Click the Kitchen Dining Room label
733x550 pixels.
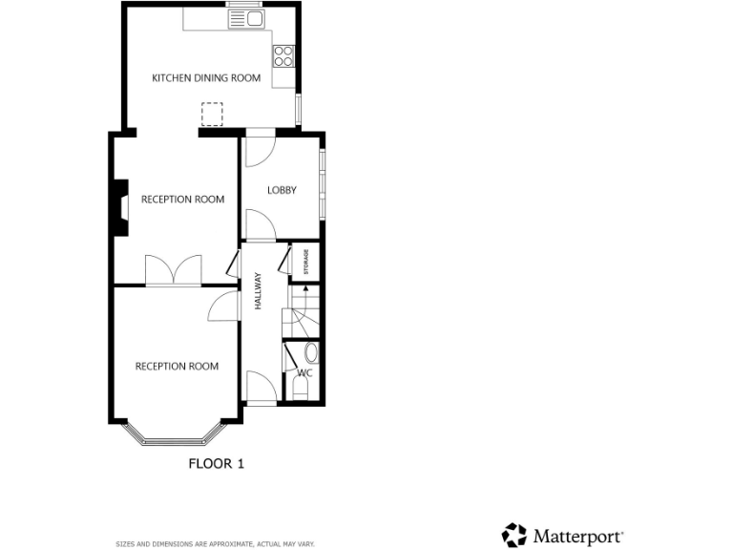pyautogui.click(x=206, y=78)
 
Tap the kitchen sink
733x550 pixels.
pyautogui.click(x=246, y=17)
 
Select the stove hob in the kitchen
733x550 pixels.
pyautogui.click(x=283, y=56)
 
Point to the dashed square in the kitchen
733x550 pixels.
pyautogui.click(x=212, y=115)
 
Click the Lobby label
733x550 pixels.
pyautogui.click(x=282, y=190)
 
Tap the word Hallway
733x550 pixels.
pyautogui.click(x=258, y=290)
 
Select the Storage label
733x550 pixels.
pyautogui.click(x=306, y=262)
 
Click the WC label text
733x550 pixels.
pyautogui.click(x=305, y=373)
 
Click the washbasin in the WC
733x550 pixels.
pyautogui.click(x=311, y=352)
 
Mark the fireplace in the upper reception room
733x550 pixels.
pyautogui.click(x=118, y=207)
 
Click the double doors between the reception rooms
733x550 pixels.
pyautogui.click(x=174, y=269)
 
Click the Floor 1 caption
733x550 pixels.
pyautogui.click(x=216, y=464)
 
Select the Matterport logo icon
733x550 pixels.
pyautogui.click(x=514, y=535)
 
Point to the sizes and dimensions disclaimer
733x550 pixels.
pyautogui.click(x=215, y=543)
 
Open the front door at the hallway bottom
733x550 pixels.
pyautogui.click(x=262, y=390)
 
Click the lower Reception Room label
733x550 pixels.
pyautogui.click(x=177, y=366)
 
